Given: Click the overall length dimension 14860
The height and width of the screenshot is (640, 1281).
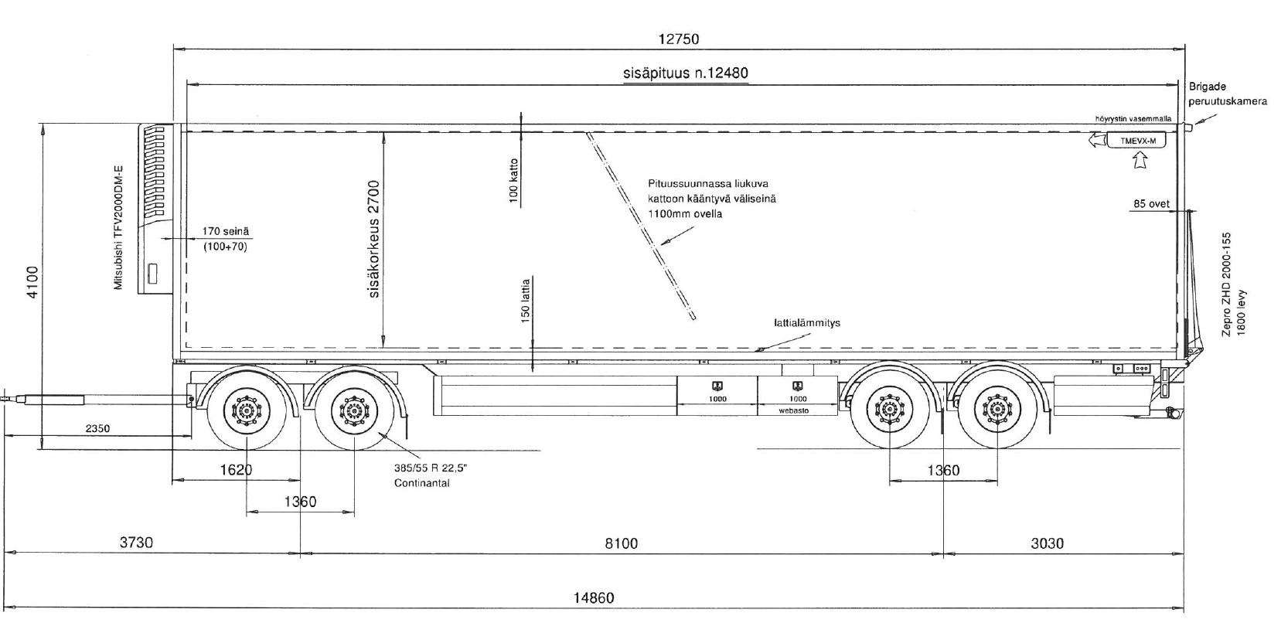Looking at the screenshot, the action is pyautogui.click(x=594, y=597).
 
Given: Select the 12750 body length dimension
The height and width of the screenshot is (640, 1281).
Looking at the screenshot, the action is pyautogui.click(x=679, y=39).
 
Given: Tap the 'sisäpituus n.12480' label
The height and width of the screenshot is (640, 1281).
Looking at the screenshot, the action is pyautogui.click(x=686, y=73).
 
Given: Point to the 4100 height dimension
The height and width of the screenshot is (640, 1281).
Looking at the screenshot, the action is pyautogui.click(x=32, y=282).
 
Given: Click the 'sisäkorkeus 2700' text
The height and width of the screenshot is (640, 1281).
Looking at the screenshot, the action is pyautogui.click(x=374, y=239).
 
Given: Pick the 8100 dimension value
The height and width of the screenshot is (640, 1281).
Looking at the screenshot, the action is pyautogui.click(x=621, y=543).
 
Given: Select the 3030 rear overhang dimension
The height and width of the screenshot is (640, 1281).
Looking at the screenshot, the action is pyautogui.click(x=1047, y=543).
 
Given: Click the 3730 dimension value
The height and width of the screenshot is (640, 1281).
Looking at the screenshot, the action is pyautogui.click(x=136, y=542).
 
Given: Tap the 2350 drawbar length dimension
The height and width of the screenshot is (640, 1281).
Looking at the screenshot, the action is pyautogui.click(x=97, y=428).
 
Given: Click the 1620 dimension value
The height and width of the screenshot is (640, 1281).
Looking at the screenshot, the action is pyautogui.click(x=237, y=469).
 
